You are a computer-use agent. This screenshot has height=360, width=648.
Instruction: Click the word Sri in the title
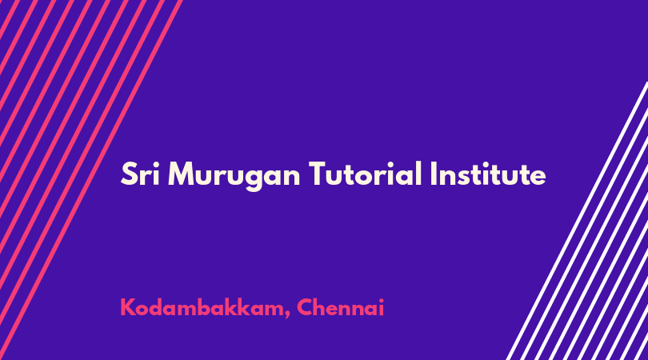140,174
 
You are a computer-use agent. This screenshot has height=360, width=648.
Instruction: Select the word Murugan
234,177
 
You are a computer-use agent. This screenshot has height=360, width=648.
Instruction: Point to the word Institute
488,174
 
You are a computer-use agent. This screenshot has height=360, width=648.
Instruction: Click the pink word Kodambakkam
202,307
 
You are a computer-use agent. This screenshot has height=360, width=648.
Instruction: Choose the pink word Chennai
341,307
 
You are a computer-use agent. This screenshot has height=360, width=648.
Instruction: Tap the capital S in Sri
129,174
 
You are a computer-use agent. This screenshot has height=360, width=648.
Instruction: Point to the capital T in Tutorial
318,174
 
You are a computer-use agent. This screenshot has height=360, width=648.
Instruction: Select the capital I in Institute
433,174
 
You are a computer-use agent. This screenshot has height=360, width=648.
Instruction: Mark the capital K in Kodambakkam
128,307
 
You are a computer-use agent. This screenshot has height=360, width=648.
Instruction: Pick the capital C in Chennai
306,307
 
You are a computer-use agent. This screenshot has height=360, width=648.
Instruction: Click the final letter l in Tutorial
419,173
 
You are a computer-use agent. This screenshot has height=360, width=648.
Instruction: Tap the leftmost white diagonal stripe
577,221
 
